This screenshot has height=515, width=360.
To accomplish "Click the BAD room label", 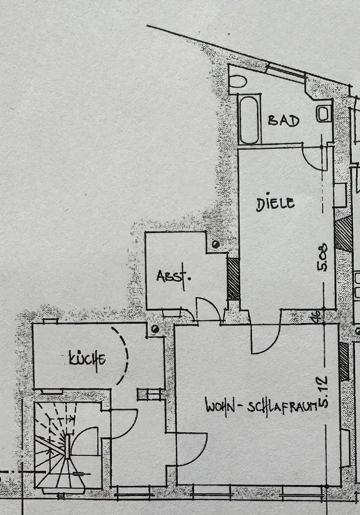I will point(283,121).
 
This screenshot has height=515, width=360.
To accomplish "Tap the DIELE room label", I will point(276,203).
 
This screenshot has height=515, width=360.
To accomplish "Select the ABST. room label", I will point(174,276).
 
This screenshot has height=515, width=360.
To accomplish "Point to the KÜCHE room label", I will point(88,358).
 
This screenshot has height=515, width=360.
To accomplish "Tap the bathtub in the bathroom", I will point(250,119).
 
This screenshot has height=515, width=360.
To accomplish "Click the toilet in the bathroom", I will point(324,113).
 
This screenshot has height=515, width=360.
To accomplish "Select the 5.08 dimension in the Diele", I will point(323,259).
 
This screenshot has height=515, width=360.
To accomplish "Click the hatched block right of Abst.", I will point(233,279).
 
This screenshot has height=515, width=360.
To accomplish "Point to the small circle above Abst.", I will point(215,244).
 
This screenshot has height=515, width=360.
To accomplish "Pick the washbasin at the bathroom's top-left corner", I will point(237,81).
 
